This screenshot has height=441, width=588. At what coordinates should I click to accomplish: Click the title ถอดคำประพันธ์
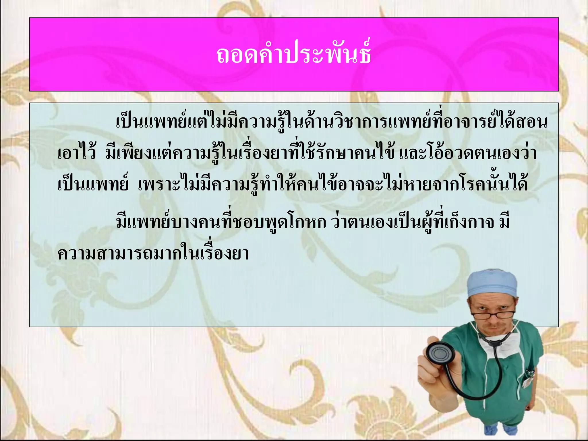(294, 55)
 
